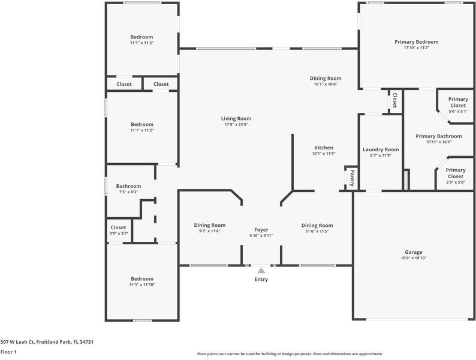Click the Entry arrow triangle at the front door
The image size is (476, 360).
(261, 271)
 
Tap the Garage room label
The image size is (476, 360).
(414, 252)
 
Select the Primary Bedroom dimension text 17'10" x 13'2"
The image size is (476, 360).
(416, 47)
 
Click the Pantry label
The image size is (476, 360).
(352, 178)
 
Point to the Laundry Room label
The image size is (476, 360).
(381, 149)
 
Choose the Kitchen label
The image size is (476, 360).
(324, 148)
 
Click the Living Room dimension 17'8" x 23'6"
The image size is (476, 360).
(236, 124)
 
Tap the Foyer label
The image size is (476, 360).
(261, 230)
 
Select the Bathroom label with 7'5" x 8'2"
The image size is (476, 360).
(128, 186)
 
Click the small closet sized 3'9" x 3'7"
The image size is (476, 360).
(118, 227)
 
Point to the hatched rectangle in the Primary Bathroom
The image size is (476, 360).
(406, 181)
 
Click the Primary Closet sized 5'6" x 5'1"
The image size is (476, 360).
(458, 103)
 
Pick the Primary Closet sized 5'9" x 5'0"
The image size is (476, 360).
(456, 173)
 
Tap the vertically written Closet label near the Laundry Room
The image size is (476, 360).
(394, 101)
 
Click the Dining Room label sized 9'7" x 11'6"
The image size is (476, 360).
(210, 225)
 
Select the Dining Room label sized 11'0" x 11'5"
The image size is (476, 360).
(317, 226)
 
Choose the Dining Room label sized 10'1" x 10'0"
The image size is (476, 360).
(326, 79)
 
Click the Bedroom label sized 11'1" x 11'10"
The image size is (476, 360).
(142, 279)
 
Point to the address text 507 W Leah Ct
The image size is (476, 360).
(17, 342)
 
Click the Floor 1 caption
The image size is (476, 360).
(8, 352)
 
